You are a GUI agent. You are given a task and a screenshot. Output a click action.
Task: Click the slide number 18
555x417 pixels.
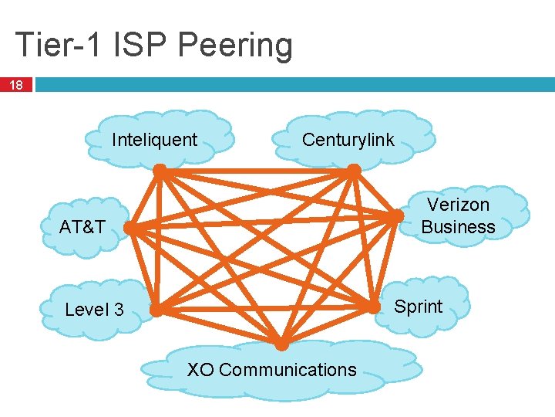click(16, 84)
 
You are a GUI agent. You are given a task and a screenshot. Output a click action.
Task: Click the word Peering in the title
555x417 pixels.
click(234, 45)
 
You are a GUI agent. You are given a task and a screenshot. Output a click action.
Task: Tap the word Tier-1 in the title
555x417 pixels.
click(59, 45)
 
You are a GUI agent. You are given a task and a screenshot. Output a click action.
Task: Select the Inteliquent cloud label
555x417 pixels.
click(155, 140)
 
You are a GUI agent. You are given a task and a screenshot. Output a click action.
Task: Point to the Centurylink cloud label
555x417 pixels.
click(348, 140)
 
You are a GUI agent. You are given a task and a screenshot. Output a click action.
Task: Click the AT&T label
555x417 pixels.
click(82, 227)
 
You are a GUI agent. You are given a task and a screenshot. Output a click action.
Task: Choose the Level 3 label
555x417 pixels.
click(94, 310)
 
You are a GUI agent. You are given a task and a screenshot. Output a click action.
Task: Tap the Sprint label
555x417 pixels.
click(419, 307)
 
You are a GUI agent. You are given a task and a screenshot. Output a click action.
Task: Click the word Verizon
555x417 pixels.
click(458, 205)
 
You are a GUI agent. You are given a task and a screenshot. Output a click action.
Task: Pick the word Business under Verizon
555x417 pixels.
click(458, 227)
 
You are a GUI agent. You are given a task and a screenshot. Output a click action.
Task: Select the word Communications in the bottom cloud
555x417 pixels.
click(288, 370)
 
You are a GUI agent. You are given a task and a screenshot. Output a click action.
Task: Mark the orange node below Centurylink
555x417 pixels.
click(353, 169)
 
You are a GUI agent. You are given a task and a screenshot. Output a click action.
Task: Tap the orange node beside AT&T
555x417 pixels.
click(129, 229)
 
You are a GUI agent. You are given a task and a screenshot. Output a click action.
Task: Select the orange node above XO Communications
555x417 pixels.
click(282, 344)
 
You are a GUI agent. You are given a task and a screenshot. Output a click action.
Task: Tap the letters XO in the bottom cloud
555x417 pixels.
click(200, 370)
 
